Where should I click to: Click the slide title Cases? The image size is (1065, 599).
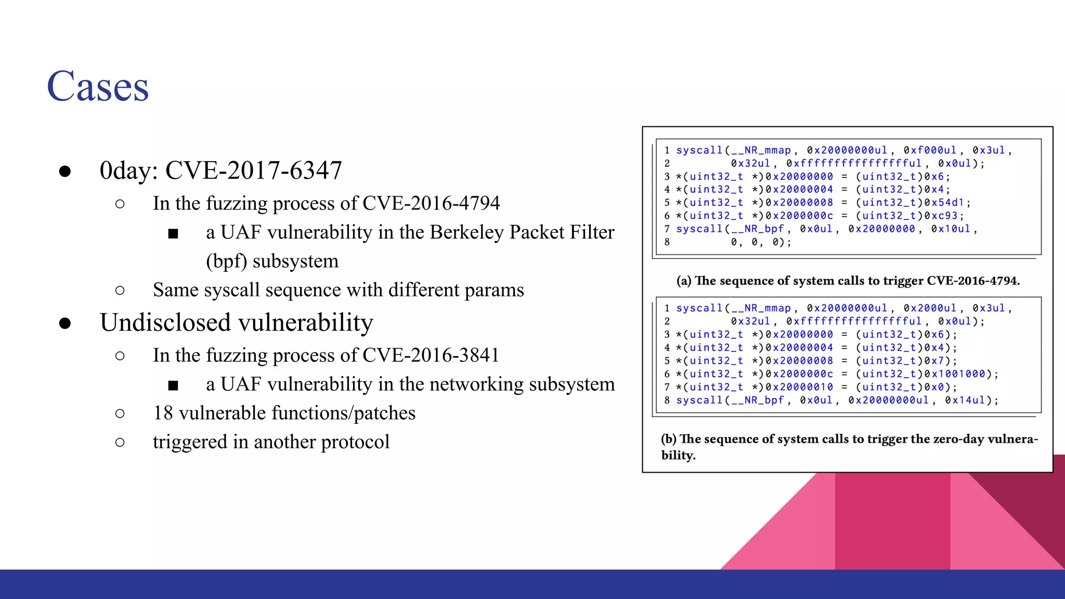(98, 86)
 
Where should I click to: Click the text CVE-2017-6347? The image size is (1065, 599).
(253, 171)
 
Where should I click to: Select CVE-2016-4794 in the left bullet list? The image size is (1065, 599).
(431, 203)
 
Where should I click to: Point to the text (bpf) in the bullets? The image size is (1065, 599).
(226, 261)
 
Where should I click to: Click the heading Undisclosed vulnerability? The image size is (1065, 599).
(237, 322)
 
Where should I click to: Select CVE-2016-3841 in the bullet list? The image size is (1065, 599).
(431, 355)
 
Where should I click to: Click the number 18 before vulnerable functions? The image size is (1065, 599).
(163, 413)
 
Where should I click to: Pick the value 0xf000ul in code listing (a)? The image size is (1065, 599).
(930, 150)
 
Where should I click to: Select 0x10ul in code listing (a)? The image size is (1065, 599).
(951, 229)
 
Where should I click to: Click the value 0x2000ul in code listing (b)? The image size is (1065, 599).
(930, 308)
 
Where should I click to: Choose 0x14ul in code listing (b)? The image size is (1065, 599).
(965, 400)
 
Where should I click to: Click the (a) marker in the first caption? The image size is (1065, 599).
(683, 281)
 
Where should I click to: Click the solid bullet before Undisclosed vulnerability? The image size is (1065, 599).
(65, 323)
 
